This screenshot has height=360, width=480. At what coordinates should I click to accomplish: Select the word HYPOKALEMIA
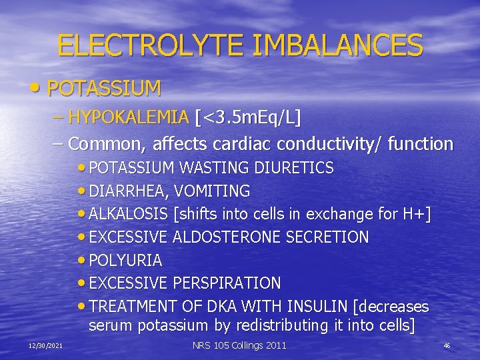point(129,118)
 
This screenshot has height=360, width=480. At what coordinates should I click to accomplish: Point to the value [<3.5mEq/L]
point(248,118)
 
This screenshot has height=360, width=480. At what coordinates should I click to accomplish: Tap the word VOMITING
point(213,191)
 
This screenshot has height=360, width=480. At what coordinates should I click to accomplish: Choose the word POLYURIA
point(125,260)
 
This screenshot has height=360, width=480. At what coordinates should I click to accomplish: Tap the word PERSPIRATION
point(227,283)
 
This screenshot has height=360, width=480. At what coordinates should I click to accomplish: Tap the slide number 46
point(447,345)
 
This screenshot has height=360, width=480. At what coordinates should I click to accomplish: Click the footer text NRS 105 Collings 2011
point(239,345)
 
